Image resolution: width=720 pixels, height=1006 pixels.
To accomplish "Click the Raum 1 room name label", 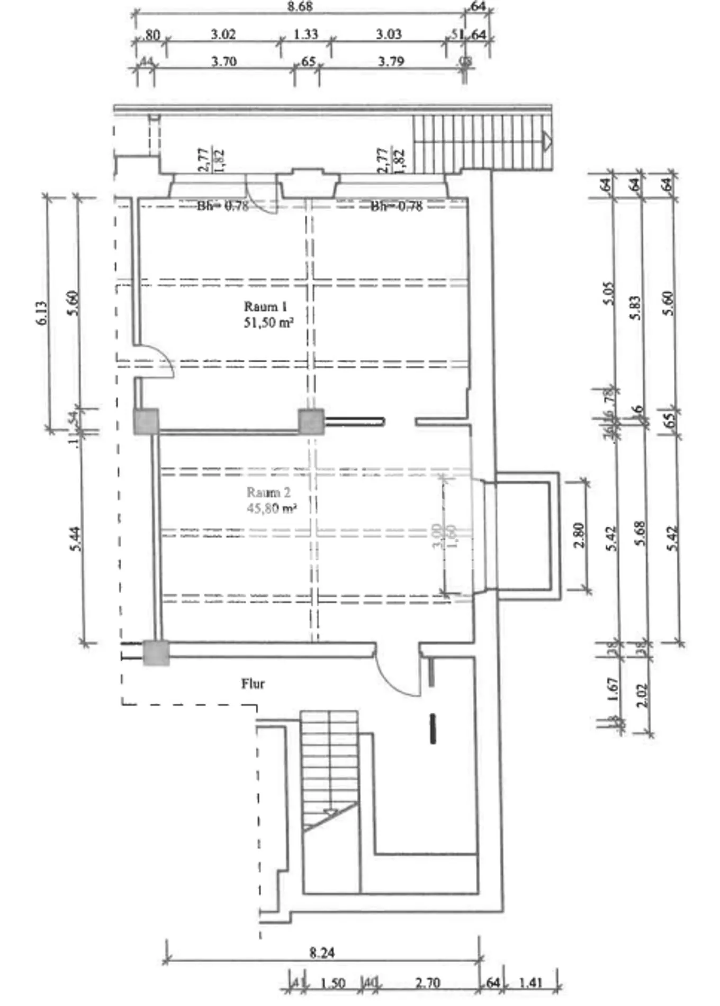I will click(x=265, y=307).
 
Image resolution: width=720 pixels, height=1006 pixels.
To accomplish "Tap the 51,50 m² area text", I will click(x=268, y=322).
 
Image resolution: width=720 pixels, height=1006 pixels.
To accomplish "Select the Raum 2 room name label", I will click(x=268, y=493).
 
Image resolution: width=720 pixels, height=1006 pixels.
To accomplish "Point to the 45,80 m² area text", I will click(x=271, y=509).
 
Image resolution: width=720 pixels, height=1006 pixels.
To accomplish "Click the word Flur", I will click(x=253, y=684).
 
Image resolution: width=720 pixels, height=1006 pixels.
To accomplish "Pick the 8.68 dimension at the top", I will click(x=300, y=6).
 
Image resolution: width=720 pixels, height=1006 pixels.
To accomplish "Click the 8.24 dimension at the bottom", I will click(x=322, y=953).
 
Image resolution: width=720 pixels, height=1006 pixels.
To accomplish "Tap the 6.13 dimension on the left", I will click(x=42, y=313).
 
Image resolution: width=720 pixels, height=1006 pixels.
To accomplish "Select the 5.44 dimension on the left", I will click(x=76, y=538).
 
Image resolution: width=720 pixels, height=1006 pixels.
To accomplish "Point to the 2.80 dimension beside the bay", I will click(x=579, y=535).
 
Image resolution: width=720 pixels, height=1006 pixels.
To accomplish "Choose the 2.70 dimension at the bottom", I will click(x=427, y=983).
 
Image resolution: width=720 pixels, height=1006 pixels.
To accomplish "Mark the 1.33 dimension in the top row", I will click(x=305, y=34).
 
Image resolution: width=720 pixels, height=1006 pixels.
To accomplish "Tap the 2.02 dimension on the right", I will click(x=642, y=695).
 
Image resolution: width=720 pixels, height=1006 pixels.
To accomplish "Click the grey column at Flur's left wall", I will click(x=156, y=652).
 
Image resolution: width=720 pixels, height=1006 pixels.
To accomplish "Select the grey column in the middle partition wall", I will click(x=311, y=421).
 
